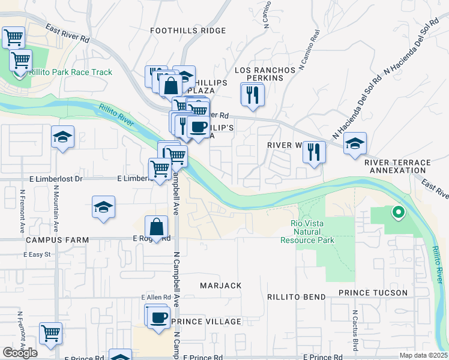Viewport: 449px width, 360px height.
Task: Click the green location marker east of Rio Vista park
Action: [x=397, y=212]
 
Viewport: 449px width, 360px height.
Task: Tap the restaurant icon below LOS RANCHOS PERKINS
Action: [x=252, y=95]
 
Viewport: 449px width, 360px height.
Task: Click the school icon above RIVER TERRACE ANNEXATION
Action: [x=355, y=144]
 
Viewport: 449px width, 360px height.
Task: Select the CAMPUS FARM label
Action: [x=57, y=240]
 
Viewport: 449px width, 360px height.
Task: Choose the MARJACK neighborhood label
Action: [x=220, y=286]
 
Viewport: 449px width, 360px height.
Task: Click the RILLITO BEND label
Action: [x=298, y=296]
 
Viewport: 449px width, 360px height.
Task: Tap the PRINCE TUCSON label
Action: [x=373, y=293]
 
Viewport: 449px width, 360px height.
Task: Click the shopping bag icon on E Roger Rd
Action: [x=156, y=227]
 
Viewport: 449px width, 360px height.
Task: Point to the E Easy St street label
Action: [x=38, y=254]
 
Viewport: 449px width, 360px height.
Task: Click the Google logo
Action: [x=20, y=352]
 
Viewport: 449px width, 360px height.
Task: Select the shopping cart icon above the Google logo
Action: [x=51, y=333]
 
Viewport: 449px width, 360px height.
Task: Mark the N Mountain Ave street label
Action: [x=56, y=211]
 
